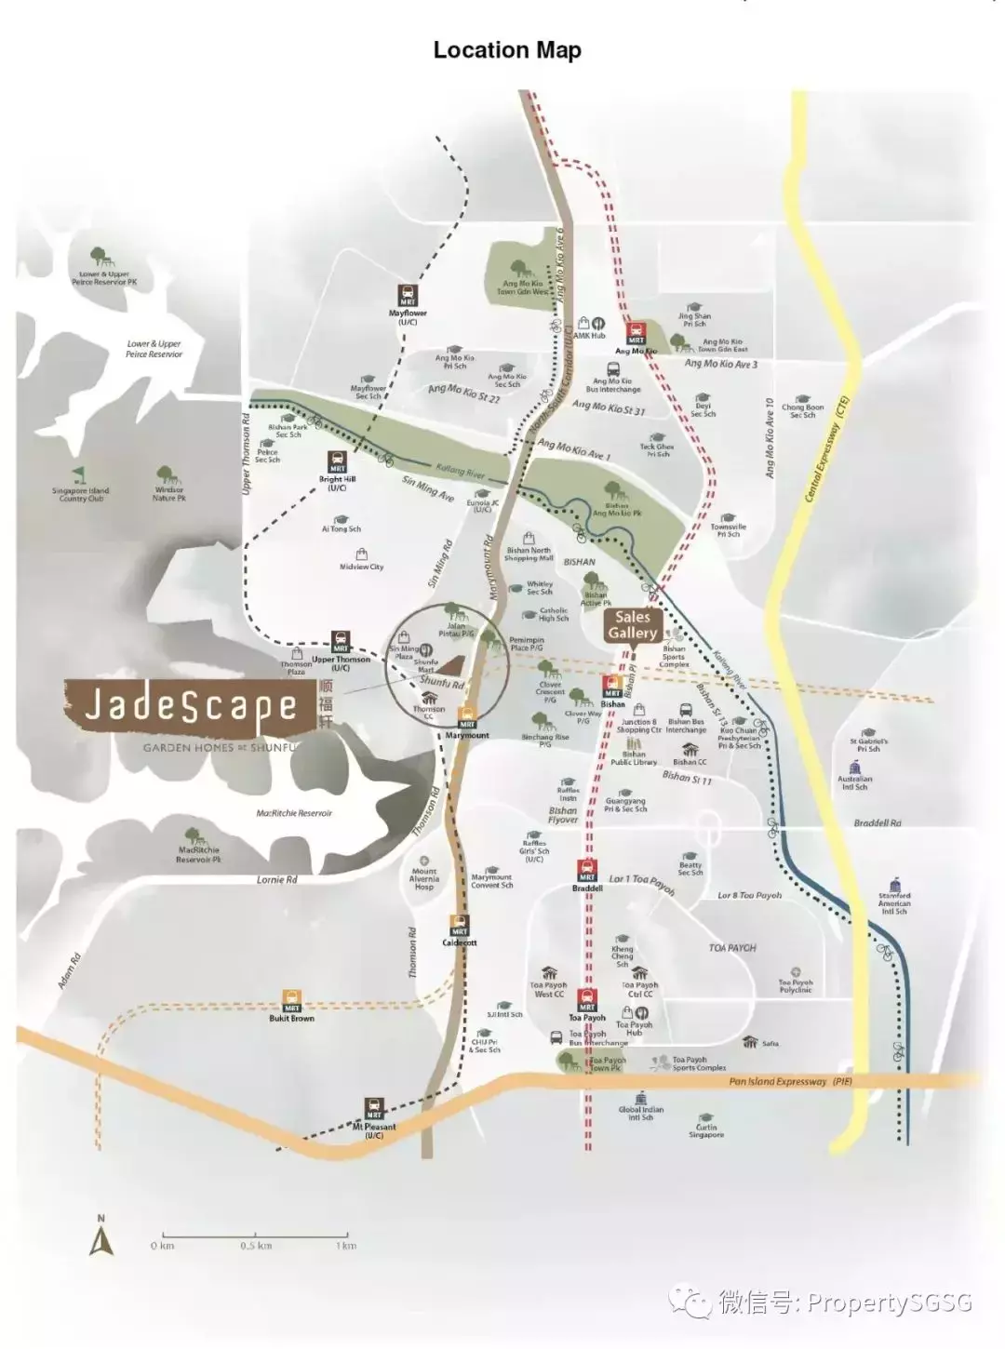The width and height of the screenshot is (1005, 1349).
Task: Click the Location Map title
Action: (507, 50)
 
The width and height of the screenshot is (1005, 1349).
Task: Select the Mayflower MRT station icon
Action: (408, 296)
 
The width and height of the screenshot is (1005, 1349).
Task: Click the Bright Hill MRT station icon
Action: (336, 461)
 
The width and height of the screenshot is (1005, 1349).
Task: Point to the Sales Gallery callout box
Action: (632, 625)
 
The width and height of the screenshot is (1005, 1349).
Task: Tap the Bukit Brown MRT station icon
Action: (292, 1001)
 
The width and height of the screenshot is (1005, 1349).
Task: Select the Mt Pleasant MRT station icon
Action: (374, 1109)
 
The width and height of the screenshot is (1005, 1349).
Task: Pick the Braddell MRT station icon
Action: (587, 871)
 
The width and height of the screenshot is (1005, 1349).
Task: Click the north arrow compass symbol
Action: (101, 1237)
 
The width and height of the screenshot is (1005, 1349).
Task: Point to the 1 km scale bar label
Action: (346, 1246)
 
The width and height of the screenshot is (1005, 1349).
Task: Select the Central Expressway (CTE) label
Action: (826, 450)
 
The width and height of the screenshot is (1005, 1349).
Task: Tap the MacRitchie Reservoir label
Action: (294, 813)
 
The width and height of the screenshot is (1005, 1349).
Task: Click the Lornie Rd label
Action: (276, 879)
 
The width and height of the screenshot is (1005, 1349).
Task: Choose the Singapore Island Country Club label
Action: (81, 494)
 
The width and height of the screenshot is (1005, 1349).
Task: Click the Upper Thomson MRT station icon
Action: (341, 643)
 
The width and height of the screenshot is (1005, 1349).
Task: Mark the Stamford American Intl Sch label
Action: (894, 903)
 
